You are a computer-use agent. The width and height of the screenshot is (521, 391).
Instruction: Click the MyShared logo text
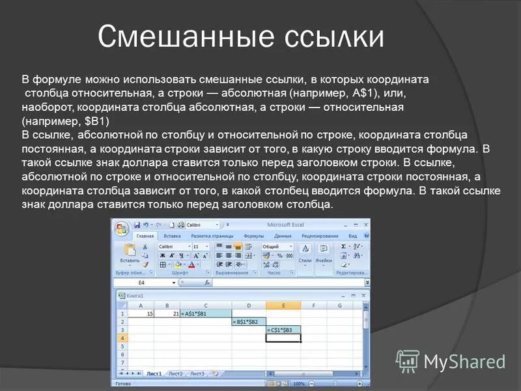(x=464, y=361)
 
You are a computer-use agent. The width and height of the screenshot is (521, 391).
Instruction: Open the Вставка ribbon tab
(x=173, y=236)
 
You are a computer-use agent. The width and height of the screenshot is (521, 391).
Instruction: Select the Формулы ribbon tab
(x=253, y=236)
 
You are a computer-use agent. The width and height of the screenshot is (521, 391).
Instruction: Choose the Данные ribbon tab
(x=283, y=236)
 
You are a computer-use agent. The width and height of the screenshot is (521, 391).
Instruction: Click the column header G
(x=339, y=305)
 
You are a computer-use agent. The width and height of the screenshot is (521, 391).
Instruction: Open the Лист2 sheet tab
(x=175, y=374)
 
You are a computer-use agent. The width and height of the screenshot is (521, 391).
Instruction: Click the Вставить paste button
(x=130, y=255)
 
